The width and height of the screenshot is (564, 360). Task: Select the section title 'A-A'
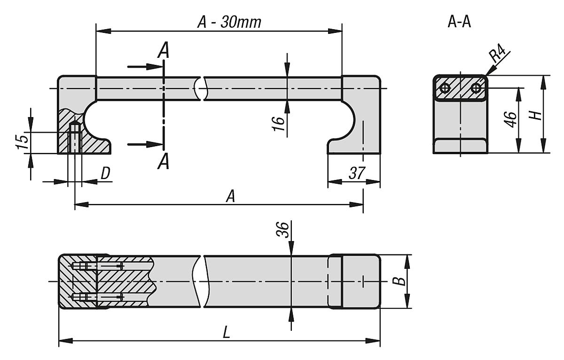[x=459, y=22]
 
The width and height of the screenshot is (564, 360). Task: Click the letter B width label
[x=399, y=281]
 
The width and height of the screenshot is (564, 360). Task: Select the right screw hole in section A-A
[x=476, y=87]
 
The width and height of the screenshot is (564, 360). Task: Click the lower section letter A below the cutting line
[x=163, y=163]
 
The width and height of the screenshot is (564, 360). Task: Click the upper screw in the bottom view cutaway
[x=99, y=266]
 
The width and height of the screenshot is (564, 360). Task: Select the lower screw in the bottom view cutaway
[x=99, y=297]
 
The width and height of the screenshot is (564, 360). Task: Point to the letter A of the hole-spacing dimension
[x=230, y=197]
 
